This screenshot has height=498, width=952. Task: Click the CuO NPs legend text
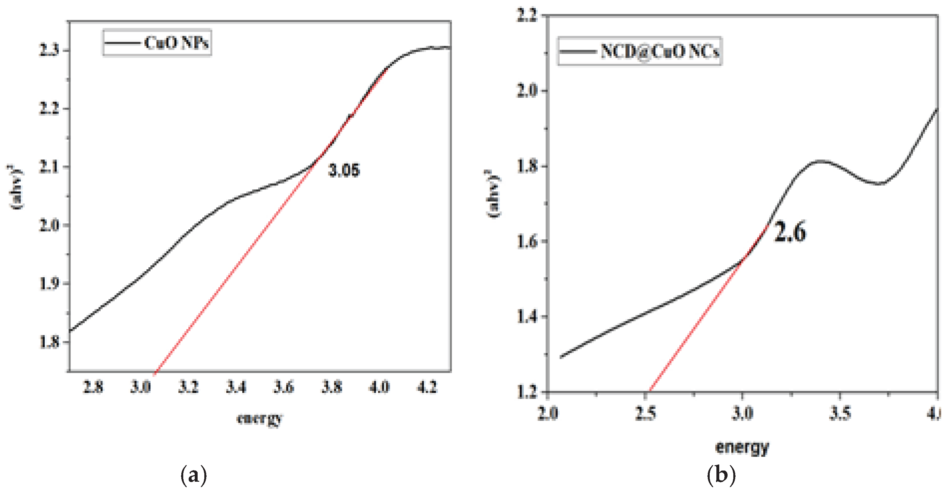coord(176,43)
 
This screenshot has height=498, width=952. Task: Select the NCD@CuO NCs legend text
coord(660,51)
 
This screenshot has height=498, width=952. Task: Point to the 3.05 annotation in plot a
coord(344,171)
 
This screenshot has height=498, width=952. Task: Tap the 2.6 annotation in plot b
coord(790,232)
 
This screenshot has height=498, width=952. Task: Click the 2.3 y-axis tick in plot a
coord(49,50)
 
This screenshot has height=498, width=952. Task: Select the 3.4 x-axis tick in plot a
coord(236,387)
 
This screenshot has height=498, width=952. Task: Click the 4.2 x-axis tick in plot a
coord(427,387)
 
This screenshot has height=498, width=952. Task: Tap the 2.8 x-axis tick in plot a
coord(93,387)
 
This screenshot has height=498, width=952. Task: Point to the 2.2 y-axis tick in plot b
coord(527,16)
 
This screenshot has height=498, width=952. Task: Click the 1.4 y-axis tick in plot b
coord(527,317)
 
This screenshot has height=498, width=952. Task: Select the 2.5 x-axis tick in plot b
coord(646,413)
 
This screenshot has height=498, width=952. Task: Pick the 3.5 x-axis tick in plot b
coord(840,413)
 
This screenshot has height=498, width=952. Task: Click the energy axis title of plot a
coord(260,418)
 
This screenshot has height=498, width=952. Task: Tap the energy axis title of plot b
coord(742,447)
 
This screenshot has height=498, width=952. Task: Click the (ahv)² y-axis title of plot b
coord(494,194)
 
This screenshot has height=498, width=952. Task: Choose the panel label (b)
coord(721,475)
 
